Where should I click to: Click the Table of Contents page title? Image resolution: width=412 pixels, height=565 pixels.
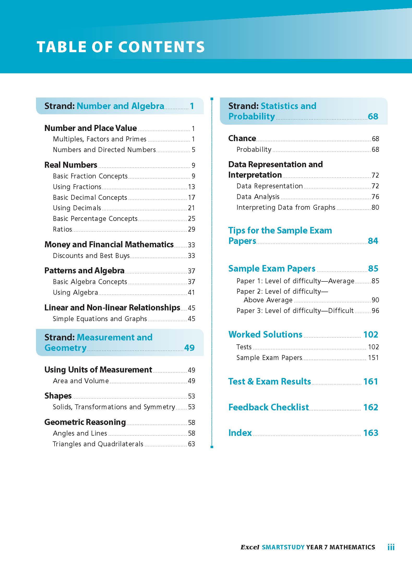click(x=121, y=47)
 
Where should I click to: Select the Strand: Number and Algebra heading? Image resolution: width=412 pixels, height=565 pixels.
click(x=104, y=106)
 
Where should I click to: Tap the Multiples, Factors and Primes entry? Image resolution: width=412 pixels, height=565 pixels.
click(x=99, y=139)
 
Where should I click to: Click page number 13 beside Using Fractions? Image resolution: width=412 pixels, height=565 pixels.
click(x=191, y=187)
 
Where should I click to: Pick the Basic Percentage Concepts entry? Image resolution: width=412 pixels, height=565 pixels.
click(x=95, y=219)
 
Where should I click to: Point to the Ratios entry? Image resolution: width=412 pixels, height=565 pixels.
click(x=62, y=229)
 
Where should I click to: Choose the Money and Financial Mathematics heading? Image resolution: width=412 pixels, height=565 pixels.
click(x=109, y=244)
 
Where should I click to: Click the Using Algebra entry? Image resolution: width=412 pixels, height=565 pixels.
click(x=75, y=292)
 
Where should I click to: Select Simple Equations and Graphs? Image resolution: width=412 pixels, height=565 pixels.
click(x=100, y=319)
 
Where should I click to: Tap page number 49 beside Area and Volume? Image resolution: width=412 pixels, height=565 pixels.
click(x=191, y=381)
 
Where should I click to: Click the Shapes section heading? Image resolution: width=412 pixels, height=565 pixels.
click(x=58, y=396)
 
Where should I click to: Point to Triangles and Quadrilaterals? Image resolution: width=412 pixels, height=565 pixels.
click(x=98, y=444)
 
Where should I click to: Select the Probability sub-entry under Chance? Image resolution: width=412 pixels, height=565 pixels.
click(x=254, y=149)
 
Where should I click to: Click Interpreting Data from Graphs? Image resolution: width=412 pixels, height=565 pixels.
click(x=286, y=207)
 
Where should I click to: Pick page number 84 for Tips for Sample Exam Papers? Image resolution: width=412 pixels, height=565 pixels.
click(x=373, y=241)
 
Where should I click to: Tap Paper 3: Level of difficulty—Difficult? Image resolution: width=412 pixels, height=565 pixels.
click(x=295, y=311)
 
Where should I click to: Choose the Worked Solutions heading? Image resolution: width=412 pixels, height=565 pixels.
click(x=265, y=334)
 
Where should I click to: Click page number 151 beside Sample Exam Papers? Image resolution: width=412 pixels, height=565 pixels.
click(x=373, y=358)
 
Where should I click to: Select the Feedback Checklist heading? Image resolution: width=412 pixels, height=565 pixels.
click(x=268, y=407)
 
